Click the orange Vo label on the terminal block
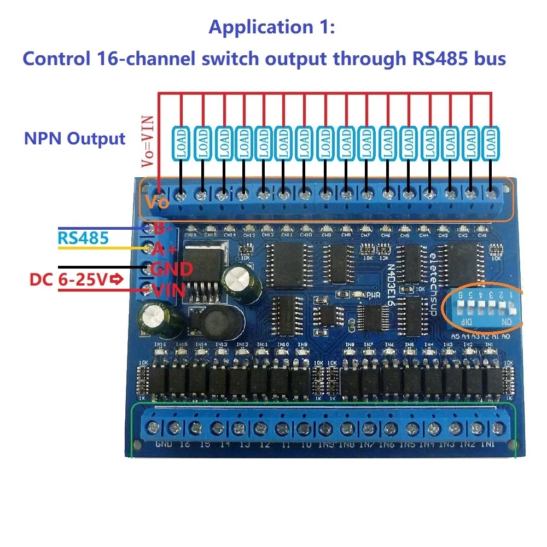[156, 202]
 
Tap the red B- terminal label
[163, 228]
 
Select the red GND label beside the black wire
[171, 269]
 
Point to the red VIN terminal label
[168, 291]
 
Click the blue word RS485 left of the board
[83, 238]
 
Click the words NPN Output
[74, 138]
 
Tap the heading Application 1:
[271, 27]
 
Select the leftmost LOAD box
[181, 143]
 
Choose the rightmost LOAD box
[491, 143]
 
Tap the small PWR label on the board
[373, 295]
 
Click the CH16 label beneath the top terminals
[190, 234]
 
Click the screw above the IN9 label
[325, 427]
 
